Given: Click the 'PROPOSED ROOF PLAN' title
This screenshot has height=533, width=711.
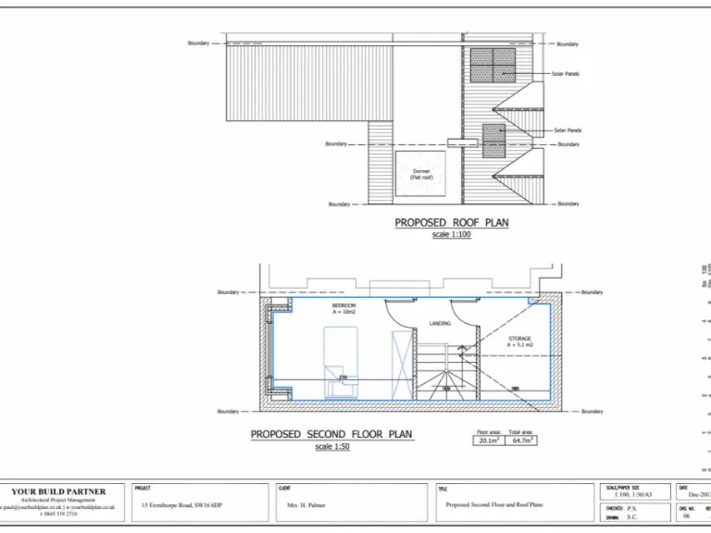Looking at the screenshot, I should [452, 223].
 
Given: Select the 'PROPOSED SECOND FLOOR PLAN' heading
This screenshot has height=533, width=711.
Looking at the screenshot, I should [331, 434].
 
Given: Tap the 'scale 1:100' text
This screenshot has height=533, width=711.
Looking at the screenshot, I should [452, 235].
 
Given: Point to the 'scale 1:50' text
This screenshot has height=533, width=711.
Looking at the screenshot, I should [331, 447].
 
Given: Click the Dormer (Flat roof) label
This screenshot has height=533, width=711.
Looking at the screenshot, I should [421, 174].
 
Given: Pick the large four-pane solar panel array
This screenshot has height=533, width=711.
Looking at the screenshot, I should [493, 65].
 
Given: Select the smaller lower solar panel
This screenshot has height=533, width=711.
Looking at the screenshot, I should [494, 141].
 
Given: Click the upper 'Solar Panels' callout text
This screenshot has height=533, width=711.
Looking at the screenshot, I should [565, 74].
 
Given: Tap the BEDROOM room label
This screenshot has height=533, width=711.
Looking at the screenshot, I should [343, 306].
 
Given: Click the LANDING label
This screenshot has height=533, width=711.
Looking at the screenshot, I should [440, 324].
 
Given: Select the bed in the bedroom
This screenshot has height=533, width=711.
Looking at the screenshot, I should [340, 361].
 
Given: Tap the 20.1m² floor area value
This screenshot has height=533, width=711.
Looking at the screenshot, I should [488, 441].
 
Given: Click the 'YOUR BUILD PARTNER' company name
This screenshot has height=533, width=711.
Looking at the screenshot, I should [58, 491].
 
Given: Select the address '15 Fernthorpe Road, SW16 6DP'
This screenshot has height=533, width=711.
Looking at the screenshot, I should [185, 506].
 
